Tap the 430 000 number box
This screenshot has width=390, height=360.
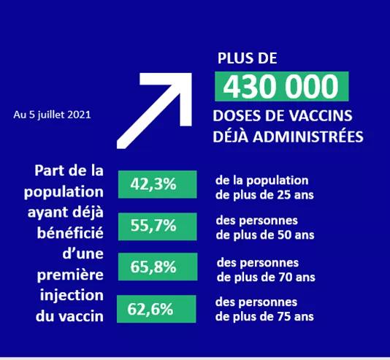point(282,86)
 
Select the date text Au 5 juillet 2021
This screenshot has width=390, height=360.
point(52,115)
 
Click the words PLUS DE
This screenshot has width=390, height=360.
point(248,58)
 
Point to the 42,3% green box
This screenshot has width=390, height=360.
point(157,185)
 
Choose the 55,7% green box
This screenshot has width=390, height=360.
point(157,226)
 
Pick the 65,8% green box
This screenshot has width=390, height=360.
point(158,267)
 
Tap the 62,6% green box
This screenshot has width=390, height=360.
point(156,309)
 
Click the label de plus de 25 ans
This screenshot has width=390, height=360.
point(264,195)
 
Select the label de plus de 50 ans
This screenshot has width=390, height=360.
point(265,235)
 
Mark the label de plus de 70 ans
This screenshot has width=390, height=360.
point(266,277)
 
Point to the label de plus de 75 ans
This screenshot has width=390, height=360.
point(264,317)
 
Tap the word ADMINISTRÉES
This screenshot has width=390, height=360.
point(308,137)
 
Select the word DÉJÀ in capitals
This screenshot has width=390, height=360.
point(231,137)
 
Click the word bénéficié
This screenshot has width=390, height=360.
point(70,233)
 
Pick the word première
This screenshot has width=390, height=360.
point(70,275)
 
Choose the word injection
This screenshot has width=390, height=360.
point(72,296)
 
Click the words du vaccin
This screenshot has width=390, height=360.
point(69,316)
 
